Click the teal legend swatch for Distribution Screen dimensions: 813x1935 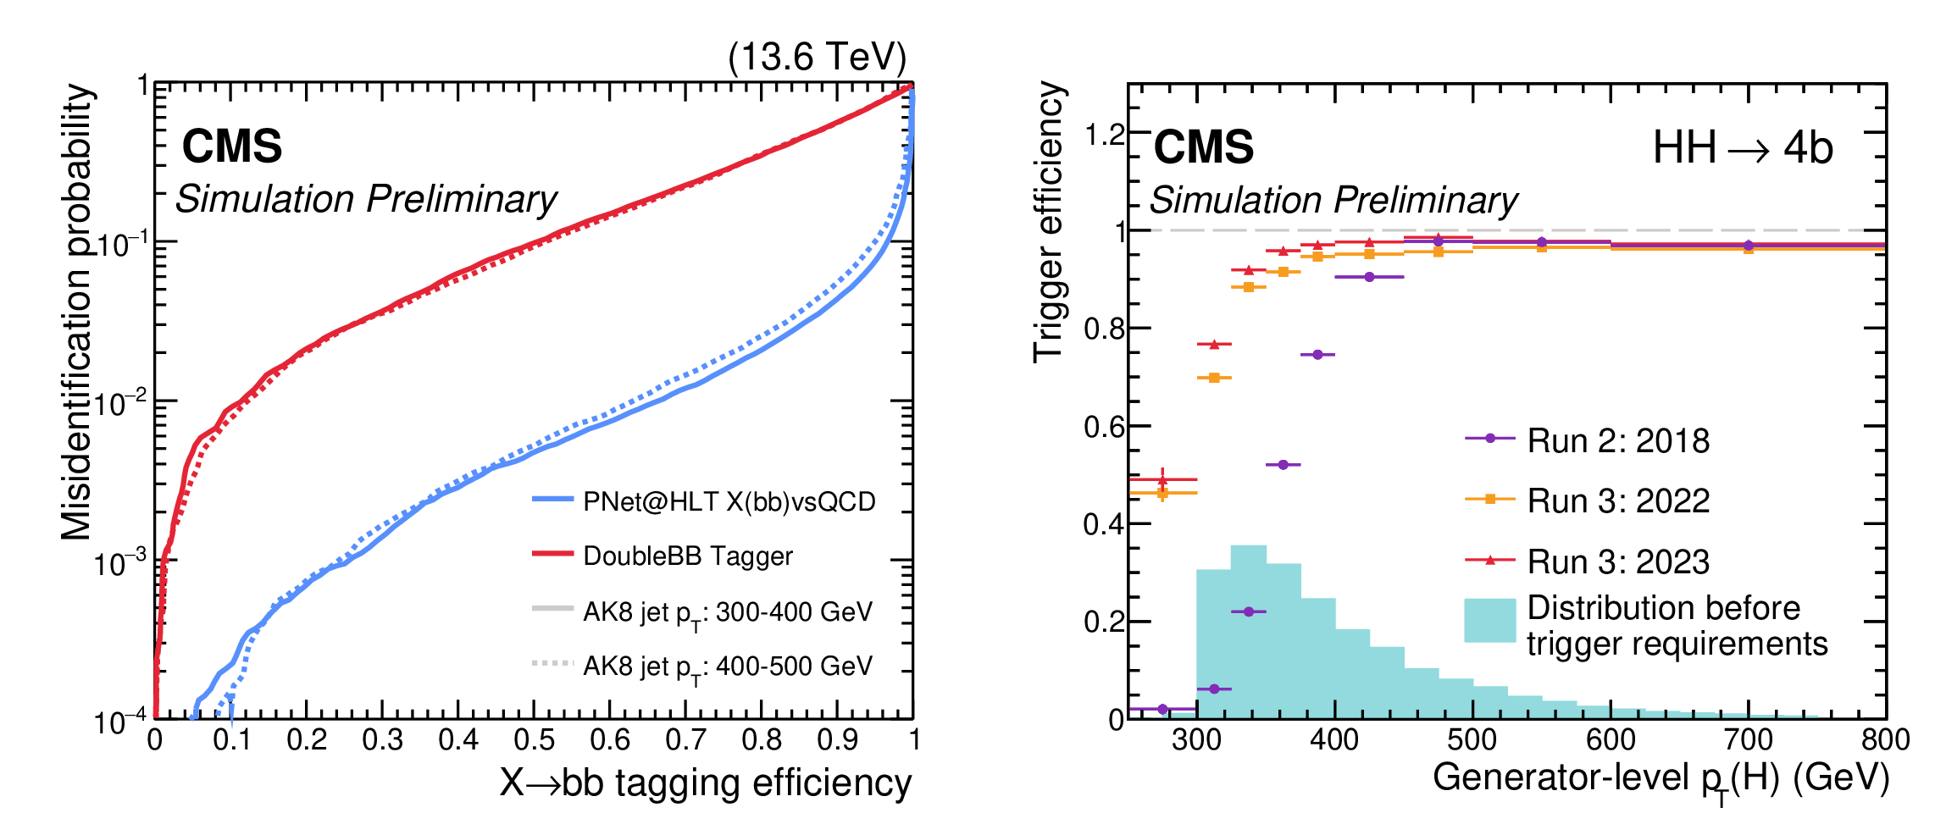pyautogui.click(x=1489, y=620)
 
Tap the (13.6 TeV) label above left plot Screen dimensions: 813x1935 pyautogui.click(x=817, y=58)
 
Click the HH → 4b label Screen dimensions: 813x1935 pyautogui.click(x=1742, y=148)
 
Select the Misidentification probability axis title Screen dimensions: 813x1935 pyautogui.click(x=77, y=312)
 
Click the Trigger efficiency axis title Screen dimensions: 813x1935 pyautogui.click(x=1049, y=222)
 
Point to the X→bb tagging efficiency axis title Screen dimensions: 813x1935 pyautogui.click(x=705, y=783)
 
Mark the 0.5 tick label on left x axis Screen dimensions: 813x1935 pyautogui.click(x=534, y=740)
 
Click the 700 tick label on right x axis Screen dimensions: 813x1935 pyautogui.click(x=1748, y=740)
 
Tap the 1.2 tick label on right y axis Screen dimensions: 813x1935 pyautogui.click(x=1104, y=134)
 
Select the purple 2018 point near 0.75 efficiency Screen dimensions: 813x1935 pyautogui.click(x=1317, y=355)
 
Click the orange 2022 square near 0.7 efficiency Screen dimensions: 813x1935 pyautogui.click(x=1214, y=378)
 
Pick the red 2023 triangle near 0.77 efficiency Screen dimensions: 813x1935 pyautogui.click(x=1214, y=345)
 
